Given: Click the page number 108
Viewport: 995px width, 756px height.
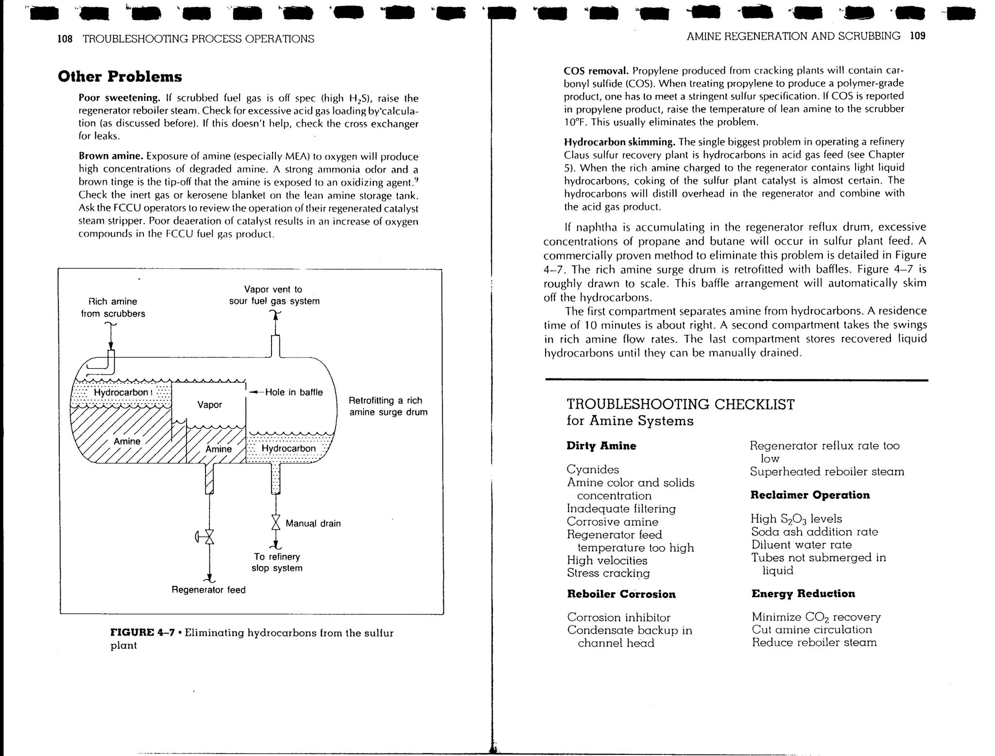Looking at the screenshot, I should click(x=65, y=39).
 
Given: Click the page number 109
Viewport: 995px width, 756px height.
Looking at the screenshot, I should click(x=917, y=35).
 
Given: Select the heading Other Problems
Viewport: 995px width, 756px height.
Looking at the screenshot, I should click(x=120, y=77).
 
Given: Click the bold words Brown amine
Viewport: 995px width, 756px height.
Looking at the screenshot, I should click(x=111, y=156).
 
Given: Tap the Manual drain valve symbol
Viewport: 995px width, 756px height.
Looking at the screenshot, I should click(x=276, y=522).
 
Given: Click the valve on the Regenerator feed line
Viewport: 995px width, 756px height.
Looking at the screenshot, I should click(x=209, y=536).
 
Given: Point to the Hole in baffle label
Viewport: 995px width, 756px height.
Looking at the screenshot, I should click(x=293, y=392).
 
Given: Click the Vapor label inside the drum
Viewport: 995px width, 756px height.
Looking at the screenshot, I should click(x=209, y=404).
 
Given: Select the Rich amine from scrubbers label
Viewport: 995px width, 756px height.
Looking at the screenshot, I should click(x=113, y=308).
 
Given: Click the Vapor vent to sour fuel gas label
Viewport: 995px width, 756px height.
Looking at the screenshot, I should click(x=274, y=295).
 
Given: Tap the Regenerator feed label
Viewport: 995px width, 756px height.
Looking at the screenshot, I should click(x=208, y=590).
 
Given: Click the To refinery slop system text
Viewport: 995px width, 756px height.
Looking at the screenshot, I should click(x=277, y=562).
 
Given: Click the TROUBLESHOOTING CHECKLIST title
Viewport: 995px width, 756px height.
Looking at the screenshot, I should click(x=680, y=404).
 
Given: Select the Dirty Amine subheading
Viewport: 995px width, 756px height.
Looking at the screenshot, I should click(x=601, y=446).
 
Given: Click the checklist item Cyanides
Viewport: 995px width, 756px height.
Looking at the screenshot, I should click(x=593, y=469).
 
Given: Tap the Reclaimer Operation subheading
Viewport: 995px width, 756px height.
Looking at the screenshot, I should click(x=810, y=495).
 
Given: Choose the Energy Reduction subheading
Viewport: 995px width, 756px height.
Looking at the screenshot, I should click(x=803, y=593).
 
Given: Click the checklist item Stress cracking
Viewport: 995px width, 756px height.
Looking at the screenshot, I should click(x=608, y=573).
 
